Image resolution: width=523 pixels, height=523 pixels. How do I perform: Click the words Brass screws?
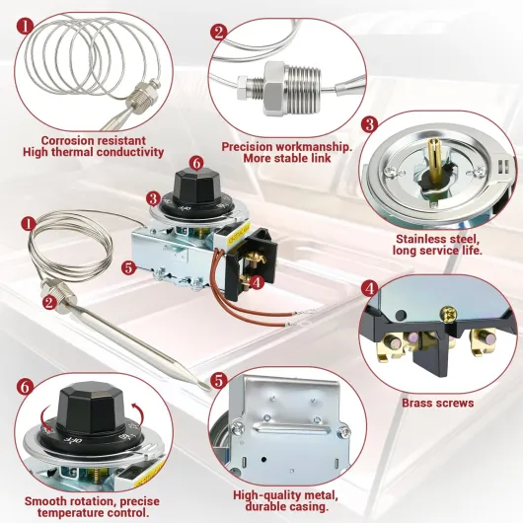pos(437,403)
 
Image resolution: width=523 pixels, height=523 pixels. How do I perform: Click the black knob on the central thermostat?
pos(196,187)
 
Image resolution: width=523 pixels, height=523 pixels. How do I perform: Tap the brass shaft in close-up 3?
pos(433,159)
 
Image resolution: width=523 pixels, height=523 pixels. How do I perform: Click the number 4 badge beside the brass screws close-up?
pos(369,288)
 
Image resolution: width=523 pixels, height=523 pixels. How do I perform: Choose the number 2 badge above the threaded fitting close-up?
pos(219,33)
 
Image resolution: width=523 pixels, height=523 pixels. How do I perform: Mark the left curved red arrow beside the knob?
pos(45,417)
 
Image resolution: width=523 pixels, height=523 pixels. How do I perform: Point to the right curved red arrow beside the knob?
pos(139,412)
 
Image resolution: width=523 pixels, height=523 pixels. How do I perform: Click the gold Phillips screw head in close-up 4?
pos(449,315)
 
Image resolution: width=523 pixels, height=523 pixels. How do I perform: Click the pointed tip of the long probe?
pos(210,390)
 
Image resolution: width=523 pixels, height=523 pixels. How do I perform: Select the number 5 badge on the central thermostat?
pos(128,267)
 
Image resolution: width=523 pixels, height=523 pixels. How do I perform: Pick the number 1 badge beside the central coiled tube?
pos(29,224)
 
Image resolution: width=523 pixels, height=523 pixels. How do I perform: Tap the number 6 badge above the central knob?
pos(196,163)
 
